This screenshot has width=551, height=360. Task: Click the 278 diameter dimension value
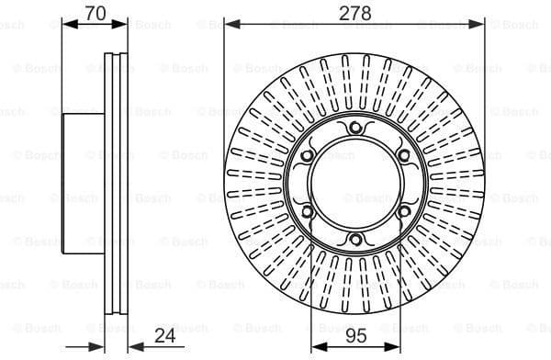point(354,13)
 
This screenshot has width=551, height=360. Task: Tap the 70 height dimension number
point(94,13)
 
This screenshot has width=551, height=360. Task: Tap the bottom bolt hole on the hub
point(354,241)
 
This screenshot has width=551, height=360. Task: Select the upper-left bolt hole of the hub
point(305,155)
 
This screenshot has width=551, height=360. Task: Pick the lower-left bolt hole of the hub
point(305,212)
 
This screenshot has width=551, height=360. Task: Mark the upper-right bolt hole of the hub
point(403,155)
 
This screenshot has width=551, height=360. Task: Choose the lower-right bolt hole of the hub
point(403,212)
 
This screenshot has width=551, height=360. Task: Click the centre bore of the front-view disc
point(354,184)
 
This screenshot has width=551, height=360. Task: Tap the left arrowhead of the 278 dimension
point(229,24)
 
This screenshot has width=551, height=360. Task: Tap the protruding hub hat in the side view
point(83,184)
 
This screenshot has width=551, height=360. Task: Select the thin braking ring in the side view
point(115,184)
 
